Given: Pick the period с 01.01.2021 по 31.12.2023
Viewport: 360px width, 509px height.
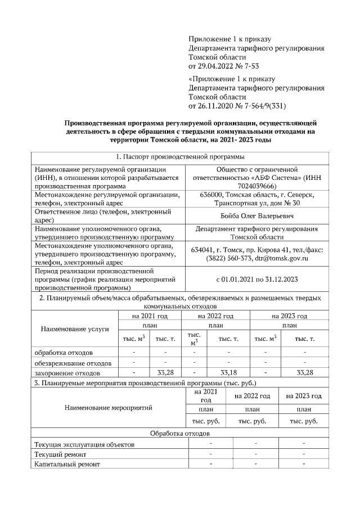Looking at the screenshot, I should (x=256, y=279).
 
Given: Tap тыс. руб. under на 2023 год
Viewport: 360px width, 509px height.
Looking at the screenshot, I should (x=303, y=421).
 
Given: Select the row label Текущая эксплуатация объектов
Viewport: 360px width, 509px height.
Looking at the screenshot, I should (x=84, y=444).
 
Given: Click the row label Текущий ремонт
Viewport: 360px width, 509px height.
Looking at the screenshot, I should (x=60, y=454).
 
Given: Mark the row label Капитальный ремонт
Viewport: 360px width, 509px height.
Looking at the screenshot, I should (x=66, y=464).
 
